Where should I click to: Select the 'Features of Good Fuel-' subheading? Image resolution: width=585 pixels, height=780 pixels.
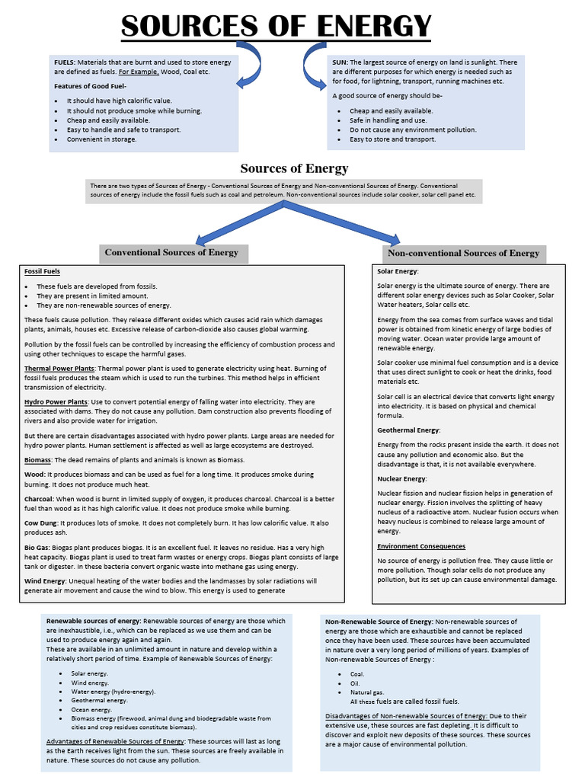[86, 86]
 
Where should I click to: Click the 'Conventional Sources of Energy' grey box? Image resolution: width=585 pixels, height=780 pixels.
[171, 253]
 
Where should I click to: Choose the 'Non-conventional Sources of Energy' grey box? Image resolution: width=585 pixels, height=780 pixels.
[463, 253]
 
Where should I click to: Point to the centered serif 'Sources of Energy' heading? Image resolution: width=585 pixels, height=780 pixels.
[294, 168]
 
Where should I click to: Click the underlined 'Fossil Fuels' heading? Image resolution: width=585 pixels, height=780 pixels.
[42, 271]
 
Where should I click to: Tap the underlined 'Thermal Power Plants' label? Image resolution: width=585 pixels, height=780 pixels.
[59, 368]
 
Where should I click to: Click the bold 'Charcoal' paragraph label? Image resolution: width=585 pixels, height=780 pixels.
[38, 500]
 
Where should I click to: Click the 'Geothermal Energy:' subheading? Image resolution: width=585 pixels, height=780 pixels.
[408, 430]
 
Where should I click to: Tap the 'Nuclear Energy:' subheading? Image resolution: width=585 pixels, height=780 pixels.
[402, 478]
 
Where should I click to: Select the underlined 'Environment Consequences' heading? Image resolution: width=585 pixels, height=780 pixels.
[421, 546]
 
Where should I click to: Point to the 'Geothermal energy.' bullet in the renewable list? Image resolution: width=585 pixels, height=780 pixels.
[99, 700]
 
